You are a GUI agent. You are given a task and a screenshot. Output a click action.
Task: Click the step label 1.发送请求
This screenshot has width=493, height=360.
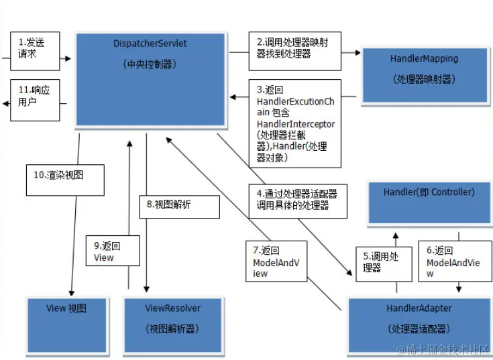(x=37, y=48)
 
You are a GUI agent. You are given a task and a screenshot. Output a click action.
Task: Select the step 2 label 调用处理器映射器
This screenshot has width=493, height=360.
(x=294, y=48)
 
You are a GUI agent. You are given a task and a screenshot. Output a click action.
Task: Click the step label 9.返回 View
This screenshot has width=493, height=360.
(x=112, y=251)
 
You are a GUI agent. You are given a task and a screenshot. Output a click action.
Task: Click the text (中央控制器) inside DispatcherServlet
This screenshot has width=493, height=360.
(x=150, y=65)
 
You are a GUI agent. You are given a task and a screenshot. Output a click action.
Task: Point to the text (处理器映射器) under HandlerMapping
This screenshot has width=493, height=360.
(x=424, y=79)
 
